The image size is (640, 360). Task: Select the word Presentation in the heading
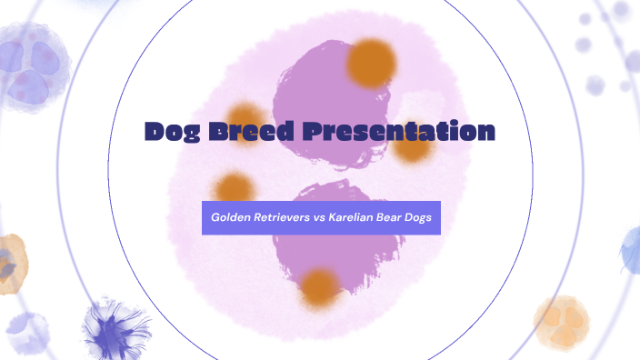pos(399,132)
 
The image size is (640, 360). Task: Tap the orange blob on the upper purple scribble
pos(371,63)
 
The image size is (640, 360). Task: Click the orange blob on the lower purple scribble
pos(320,286)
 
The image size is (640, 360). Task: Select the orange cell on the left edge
pos(11,264)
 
